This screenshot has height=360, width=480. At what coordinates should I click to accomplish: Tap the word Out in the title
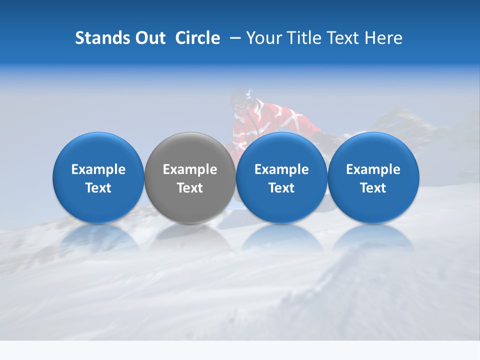(149, 38)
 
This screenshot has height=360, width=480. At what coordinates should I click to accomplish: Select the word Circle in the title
(197, 38)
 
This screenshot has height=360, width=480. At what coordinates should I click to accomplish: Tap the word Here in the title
(383, 38)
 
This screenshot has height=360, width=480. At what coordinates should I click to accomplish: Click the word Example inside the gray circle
(190, 169)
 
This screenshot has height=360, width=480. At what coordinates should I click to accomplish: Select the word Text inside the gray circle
(190, 188)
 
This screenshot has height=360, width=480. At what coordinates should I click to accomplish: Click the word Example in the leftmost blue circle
(98, 169)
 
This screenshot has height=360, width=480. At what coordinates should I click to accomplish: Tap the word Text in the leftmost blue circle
(98, 188)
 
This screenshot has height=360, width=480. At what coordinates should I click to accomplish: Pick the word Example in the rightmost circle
(373, 169)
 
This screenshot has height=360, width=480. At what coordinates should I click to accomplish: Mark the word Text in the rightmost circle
(373, 188)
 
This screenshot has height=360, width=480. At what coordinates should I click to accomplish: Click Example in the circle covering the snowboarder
(281, 169)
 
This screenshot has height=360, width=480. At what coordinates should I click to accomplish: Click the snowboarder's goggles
(240, 106)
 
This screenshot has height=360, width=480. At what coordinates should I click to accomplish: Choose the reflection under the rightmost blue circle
(373, 237)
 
